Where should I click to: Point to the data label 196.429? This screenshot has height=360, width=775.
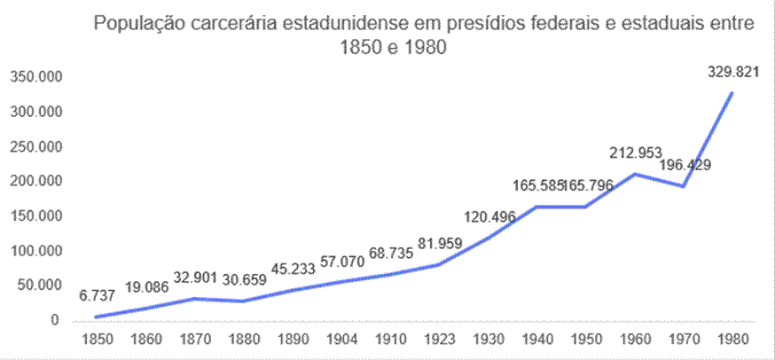pos(685,165)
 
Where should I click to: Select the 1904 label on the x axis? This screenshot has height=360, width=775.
pos(342,340)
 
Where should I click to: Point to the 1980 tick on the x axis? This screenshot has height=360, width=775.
pos(732,340)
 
